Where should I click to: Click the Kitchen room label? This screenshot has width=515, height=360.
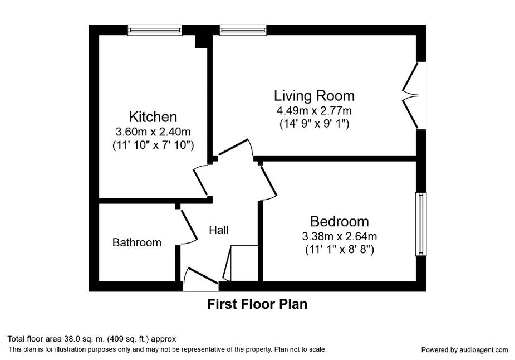pos(153,116)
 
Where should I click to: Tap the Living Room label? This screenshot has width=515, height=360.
pos(315,96)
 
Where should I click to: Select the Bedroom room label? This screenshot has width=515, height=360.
pos(339,221)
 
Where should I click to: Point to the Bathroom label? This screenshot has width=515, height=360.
pos(136,242)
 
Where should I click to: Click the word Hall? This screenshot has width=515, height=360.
pos(219,230)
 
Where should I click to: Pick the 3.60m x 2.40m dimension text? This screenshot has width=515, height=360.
pos(153,132)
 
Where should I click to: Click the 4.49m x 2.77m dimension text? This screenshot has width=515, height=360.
pos(315,110)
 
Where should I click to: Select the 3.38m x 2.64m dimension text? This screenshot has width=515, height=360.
pos(339,236)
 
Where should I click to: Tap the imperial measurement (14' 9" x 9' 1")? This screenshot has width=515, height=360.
pos(315,124)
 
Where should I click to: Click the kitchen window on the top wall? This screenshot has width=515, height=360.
pos(155,30)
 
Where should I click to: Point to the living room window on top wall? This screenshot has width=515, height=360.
pos(243,30)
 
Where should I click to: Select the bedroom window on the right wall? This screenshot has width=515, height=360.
pos(421,224)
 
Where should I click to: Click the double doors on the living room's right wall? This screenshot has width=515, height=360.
pos(414,95)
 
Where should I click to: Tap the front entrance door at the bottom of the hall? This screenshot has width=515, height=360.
pos(200,279)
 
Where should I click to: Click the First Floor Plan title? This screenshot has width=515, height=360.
pos(257,304)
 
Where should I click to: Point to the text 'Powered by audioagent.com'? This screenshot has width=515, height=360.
pos(464,350)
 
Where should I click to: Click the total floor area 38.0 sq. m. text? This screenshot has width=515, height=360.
pos(92,339)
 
